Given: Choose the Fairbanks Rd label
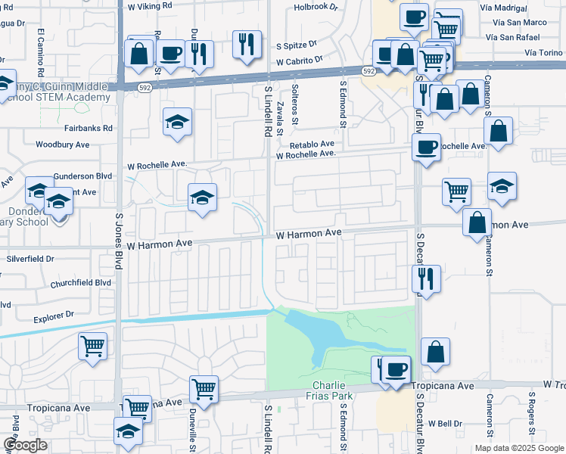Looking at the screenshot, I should (x=83, y=129).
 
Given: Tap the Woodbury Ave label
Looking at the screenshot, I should (x=62, y=144).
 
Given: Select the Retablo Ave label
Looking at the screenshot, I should (x=311, y=144).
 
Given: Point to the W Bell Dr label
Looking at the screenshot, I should (x=445, y=423).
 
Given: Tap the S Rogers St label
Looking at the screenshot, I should (x=532, y=409).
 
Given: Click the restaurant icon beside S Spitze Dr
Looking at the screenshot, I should (x=247, y=43).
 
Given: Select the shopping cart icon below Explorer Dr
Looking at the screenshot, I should (x=93, y=346).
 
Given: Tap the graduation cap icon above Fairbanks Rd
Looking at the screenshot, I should (x=177, y=121).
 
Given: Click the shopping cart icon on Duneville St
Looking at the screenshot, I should (x=204, y=388).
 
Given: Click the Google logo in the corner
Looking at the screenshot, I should (x=25, y=445).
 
